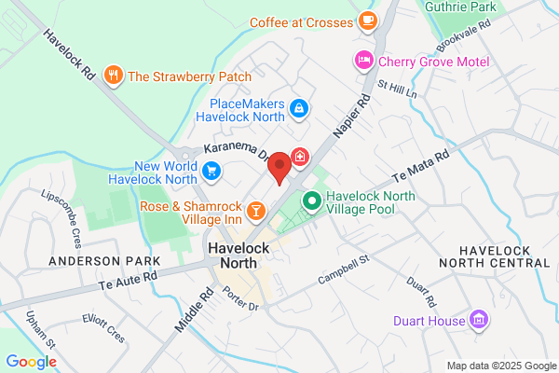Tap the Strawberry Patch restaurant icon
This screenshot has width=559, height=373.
click(x=114, y=76)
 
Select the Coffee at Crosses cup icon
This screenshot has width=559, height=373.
click(x=368, y=20)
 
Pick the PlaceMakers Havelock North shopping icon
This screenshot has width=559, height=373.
click(x=298, y=109)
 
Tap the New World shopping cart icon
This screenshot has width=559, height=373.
click(x=212, y=170)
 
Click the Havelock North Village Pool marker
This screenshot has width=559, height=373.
click(x=312, y=200)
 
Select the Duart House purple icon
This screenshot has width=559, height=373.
click(x=480, y=320)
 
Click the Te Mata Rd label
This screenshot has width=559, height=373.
click(x=421, y=166)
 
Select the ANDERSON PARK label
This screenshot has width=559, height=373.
click(x=93, y=261)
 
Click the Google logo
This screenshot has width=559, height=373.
click(x=32, y=362)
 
